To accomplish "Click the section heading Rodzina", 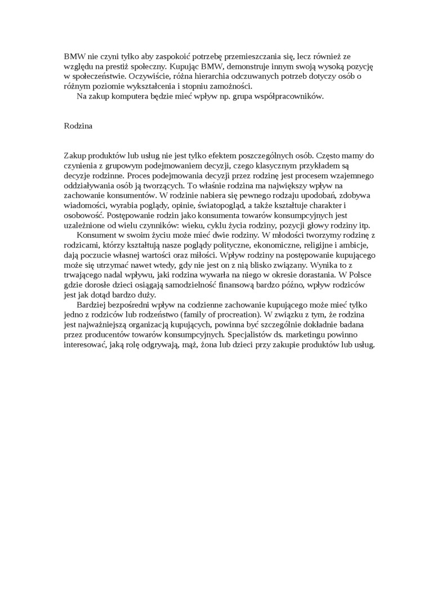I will click(78, 126).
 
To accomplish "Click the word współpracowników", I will click(289, 96).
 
